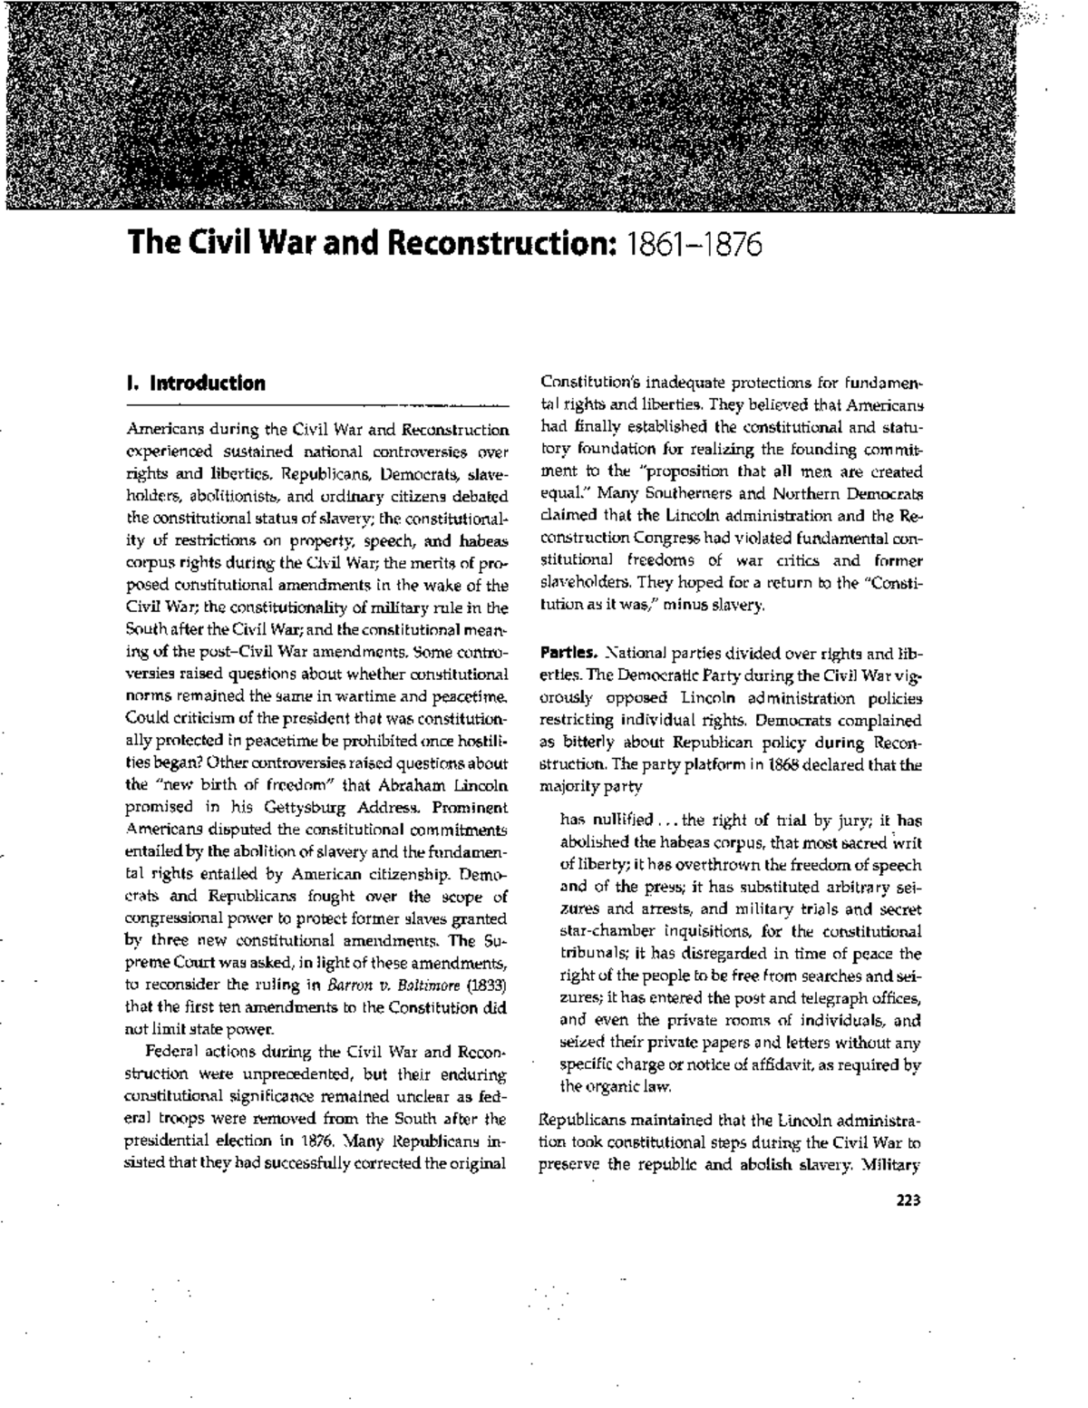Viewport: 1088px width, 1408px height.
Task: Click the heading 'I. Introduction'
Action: (x=196, y=383)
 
